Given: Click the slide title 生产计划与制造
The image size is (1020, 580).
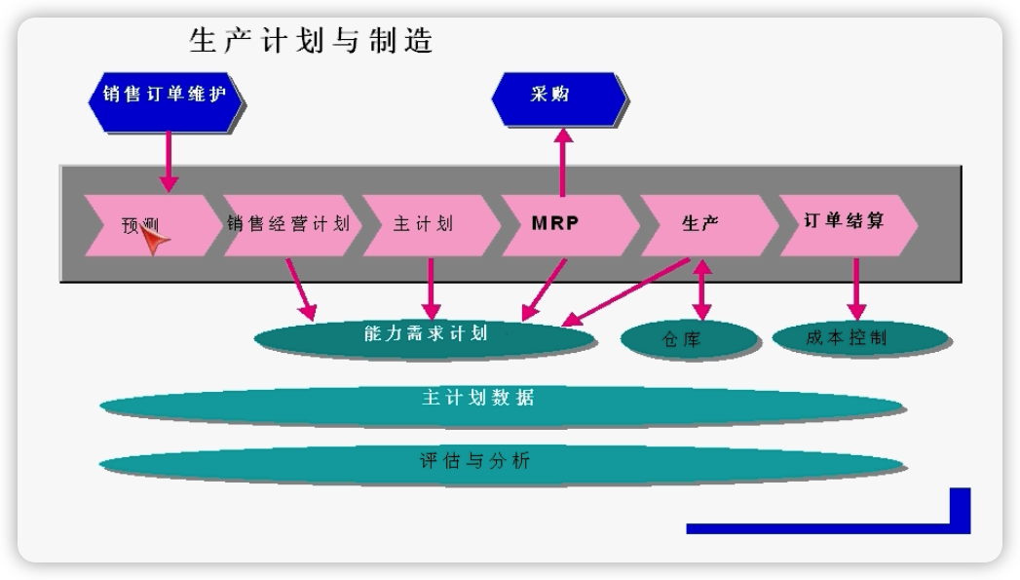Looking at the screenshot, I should click(x=311, y=41).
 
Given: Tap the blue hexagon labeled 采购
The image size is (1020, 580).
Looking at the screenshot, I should click(x=559, y=95).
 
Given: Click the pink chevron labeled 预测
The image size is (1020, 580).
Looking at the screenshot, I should click(x=146, y=224).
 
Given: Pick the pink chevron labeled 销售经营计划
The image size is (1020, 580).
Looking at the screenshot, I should click(x=288, y=223).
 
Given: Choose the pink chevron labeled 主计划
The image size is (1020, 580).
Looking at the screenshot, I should click(x=425, y=223).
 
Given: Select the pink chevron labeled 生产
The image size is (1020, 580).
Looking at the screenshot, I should click(x=701, y=223).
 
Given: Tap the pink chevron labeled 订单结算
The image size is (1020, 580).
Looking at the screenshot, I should click(x=844, y=221).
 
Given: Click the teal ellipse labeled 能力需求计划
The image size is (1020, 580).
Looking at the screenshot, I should click(x=425, y=336).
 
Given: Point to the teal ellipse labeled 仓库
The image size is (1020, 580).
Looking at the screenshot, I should click(x=688, y=339).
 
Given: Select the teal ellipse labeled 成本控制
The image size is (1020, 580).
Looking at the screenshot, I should click(x=859, y=337).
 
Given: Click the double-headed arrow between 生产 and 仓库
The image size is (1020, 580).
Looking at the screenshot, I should click(x=700, y=290).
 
